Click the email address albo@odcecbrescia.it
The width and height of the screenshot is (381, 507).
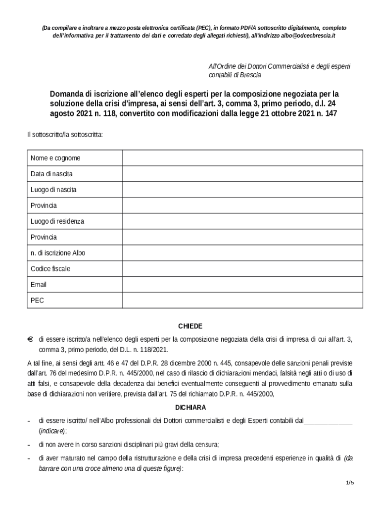[308, 37]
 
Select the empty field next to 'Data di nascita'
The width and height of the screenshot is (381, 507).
[242, 174]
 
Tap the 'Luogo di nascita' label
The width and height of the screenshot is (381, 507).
[53, 190]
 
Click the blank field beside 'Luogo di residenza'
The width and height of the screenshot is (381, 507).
[242, 221]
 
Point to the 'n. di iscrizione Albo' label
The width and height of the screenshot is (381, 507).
[58, 253]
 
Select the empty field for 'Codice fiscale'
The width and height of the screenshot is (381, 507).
[242, 269]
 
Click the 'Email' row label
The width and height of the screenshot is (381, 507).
[39, 285]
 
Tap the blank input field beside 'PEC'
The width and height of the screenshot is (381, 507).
[242, 301]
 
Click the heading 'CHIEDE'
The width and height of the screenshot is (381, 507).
[190, 326]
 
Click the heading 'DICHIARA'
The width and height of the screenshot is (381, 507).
[190, 407]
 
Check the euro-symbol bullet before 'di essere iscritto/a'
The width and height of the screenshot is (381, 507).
[30, 339]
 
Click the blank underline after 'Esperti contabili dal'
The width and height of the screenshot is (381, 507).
[328, 421]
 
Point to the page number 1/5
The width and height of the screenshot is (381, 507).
[350, 483]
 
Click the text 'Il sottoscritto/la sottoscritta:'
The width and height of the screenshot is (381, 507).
[65, 135]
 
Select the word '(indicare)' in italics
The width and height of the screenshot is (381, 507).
[51, 431]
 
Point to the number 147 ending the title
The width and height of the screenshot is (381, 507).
[331, 113]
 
